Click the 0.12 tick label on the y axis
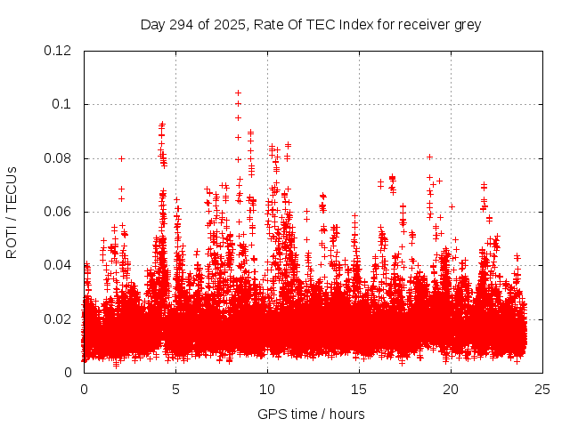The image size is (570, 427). (x=59, y=51)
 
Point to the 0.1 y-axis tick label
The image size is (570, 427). (x=62, y=104)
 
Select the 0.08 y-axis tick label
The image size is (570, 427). (x=59, y=158)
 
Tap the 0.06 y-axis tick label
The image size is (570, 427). (x=59, y=212)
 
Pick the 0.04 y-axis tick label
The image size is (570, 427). (x=59, y=265)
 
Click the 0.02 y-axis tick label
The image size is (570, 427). (x=59, y=318)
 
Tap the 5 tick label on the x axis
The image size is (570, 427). (x=175, y=389)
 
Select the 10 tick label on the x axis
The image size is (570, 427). (x=267, y=389)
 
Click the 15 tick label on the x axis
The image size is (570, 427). (x=359, y=389)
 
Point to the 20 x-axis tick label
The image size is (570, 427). (x=451, y=389)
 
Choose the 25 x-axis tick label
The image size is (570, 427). (x=542, y=389)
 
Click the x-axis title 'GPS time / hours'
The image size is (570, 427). (x=312, y=414)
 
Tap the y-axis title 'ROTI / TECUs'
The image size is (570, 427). (x=12, y=212)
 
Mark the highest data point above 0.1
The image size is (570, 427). (x=238, y=93)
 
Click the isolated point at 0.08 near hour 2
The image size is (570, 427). (x=121, y=158)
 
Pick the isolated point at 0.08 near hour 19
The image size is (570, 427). (x=429, y=157)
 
